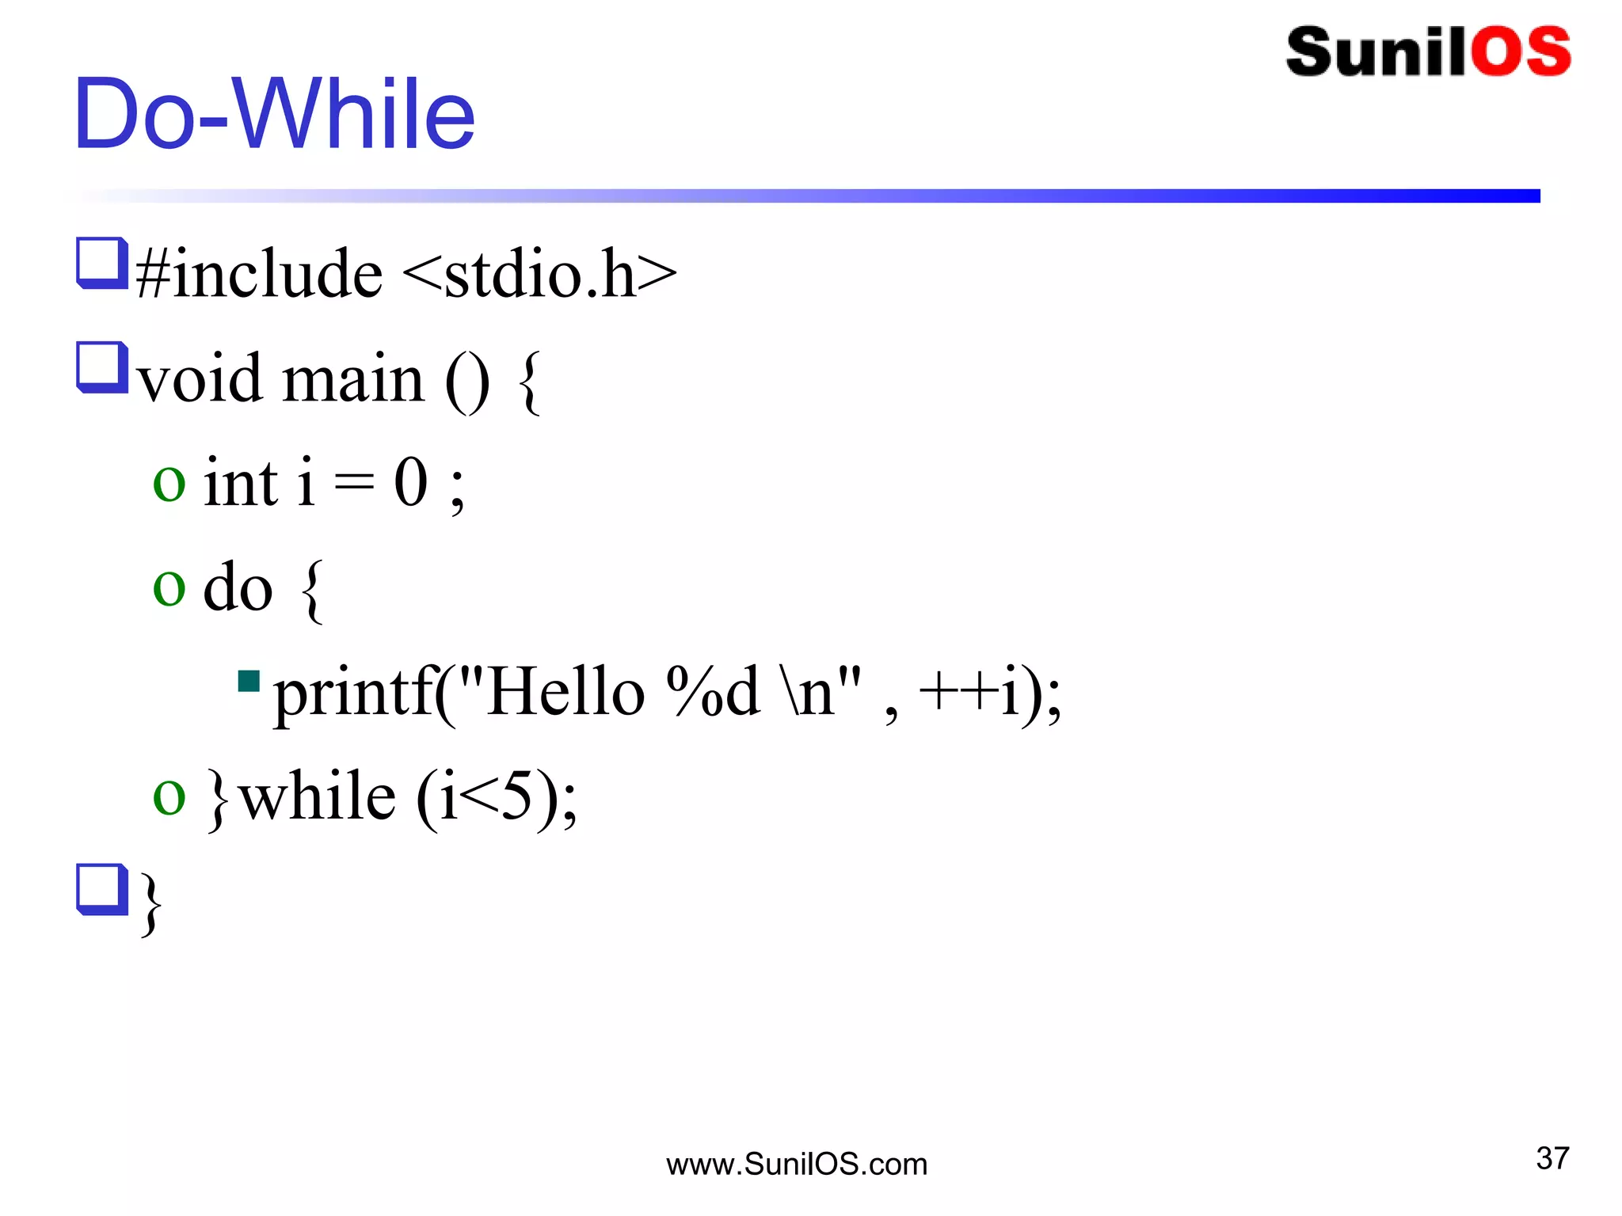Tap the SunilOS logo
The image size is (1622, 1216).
click(1428, 52)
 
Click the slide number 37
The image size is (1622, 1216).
click(1552, 1158)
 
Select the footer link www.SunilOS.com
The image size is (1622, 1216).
click(797, 1165)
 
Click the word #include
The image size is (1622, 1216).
click(260, 274)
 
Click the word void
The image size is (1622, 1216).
click(200, 379)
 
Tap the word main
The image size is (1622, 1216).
click(353, 379)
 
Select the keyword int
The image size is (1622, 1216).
click(241, 483)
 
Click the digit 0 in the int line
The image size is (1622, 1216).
click(411, 483)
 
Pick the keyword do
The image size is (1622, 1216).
click(238, 588)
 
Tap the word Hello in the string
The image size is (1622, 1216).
click(565, 692)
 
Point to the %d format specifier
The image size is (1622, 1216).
click(713, 692)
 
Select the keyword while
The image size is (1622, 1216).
click(317, 796)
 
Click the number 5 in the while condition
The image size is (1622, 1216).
click(516, 796)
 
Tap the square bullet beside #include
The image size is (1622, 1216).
click(102, 263)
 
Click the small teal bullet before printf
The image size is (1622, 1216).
click(249, 681)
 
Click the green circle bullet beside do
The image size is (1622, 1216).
click(169, 588)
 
